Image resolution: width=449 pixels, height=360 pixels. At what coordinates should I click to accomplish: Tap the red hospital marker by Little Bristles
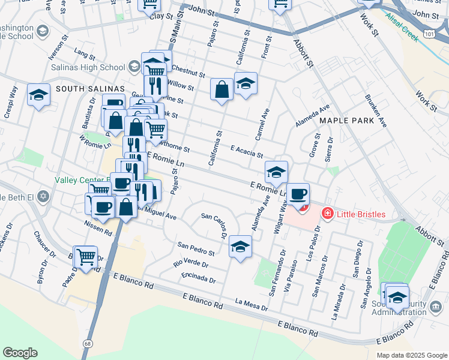pyautogui.click(x=328, y=213)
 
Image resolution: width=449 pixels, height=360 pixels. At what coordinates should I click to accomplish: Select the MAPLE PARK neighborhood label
pyautogui.click(x=346, y=121)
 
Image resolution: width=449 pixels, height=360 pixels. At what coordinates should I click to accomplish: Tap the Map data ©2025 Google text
pyautogui.click(x=411, y=355)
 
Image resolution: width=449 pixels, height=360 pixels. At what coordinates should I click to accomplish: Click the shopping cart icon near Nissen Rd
pyautogui.click(x=86, y=257)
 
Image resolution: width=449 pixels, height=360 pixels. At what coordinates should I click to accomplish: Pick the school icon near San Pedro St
pyautogui.click(x=240, y=247)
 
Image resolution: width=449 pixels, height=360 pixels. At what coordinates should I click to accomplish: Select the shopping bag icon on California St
pyautogui.click(x=221, y=89)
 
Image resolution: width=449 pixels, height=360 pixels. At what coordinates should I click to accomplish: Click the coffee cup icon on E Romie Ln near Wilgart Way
pyautogui.click(x=298, y=194)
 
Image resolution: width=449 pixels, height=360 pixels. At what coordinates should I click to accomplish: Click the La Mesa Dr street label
pyautogui.click(x=251, y=304)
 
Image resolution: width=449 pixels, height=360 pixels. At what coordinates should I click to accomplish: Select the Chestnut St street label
pyautogui.click(x=190, y=72)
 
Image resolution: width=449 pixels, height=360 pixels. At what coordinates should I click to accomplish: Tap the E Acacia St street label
pyautogui.click(x=247, y=151)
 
